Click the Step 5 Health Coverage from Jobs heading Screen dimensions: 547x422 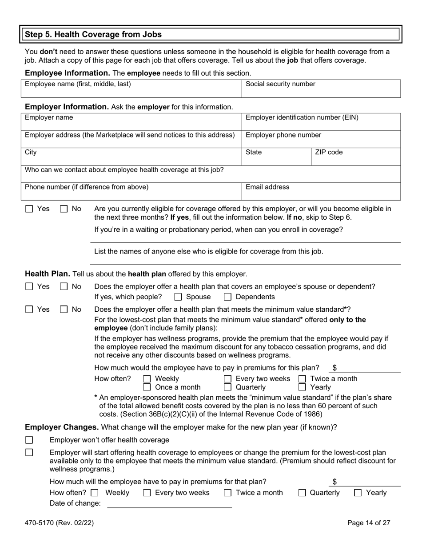tap(93, 34)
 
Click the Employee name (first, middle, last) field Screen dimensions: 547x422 tap(131, 89)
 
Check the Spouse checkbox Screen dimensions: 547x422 tap(178, 297)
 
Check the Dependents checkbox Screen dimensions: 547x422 tap(227, 297)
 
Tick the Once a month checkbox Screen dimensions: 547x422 tap(147, 387)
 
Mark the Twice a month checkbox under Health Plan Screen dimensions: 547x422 tap(302, 379)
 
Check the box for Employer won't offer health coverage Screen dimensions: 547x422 tap(29, 440)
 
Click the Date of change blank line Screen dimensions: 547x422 tap(170, 503)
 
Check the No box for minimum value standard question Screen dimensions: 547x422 tap(64, 310)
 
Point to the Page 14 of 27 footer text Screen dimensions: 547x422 tap(369, 523)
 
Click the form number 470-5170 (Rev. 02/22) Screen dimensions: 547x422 tap(59, 523)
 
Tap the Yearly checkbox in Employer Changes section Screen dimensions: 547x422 tap(358, 493)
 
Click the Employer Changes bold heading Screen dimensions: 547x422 tap(61, 427)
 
